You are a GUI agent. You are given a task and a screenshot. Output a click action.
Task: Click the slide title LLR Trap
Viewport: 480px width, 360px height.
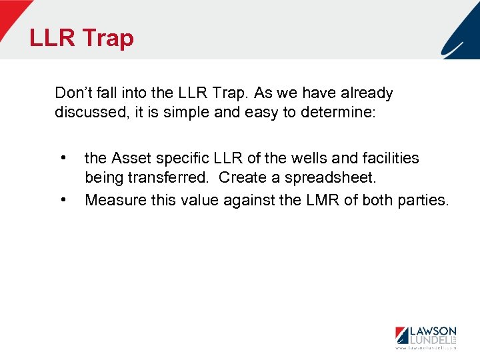(81, 38)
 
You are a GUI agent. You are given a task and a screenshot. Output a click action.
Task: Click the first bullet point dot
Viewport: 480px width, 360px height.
(62, 159)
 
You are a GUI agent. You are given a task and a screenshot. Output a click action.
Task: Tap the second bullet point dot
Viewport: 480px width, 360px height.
(62, 199)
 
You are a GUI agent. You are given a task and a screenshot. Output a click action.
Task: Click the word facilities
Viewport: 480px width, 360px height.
(389, 158)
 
